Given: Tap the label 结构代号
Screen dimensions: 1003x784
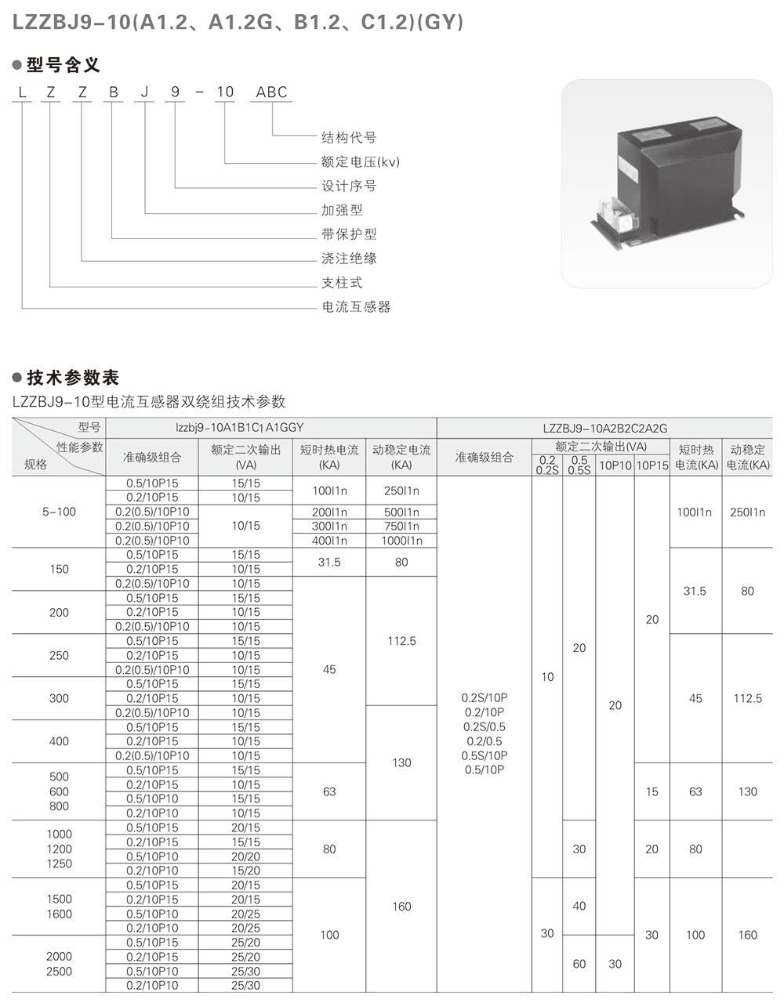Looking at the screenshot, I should [349, 137].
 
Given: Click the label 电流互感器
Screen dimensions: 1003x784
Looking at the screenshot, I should [356, 306].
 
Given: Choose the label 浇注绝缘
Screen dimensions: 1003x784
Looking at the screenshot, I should [349, 258].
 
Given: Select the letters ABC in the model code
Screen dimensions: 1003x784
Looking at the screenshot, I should [272, 92].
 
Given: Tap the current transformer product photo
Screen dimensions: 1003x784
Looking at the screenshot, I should [667, 183].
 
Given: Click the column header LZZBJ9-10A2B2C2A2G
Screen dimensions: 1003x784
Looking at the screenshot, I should [604, 428].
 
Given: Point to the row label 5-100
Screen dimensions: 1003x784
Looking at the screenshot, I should [59, 512].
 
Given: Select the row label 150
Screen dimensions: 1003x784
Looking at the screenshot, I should [59, 569].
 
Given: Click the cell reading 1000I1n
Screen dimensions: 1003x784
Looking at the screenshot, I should [401, 541].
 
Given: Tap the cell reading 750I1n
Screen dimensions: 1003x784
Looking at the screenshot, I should [401, 527].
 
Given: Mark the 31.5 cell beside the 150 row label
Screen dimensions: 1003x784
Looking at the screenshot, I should [329, 562].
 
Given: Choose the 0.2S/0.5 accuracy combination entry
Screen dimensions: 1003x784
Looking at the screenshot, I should [485, 726].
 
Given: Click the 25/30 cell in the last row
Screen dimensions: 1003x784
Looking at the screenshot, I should [245, 986].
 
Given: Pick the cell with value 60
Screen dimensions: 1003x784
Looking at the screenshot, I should [579, 964].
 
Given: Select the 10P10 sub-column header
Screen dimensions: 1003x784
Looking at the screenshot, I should [615, 465].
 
